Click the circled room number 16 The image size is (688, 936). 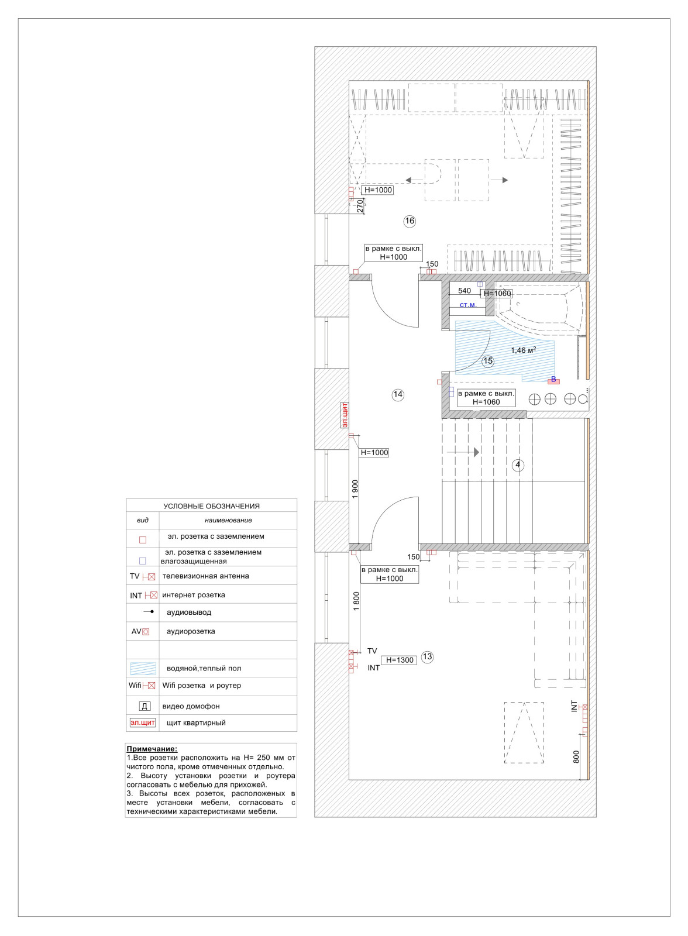(410, 221)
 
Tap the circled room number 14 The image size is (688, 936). (398, 395)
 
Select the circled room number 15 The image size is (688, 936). (488, 362)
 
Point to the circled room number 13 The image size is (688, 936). (428, 657)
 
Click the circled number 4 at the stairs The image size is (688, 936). (518, 466)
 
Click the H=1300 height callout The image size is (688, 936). (400, 660)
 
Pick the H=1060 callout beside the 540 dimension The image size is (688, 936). (497, 294)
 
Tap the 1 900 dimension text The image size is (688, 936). (355, 489)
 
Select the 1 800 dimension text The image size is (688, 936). (356, 601)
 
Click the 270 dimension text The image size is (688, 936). (360, 205)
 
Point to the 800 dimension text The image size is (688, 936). (576, 757)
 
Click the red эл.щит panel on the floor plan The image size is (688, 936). (345, 415)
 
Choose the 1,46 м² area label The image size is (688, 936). (524, 350)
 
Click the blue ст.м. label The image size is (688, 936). (468, 305)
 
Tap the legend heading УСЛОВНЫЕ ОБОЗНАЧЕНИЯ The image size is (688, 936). (211, 507)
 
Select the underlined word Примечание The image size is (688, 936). (152, 749)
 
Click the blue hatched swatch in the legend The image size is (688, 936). (143, 668)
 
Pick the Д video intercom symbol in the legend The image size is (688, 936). (145, 707)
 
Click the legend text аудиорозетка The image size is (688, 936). (191, 632)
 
